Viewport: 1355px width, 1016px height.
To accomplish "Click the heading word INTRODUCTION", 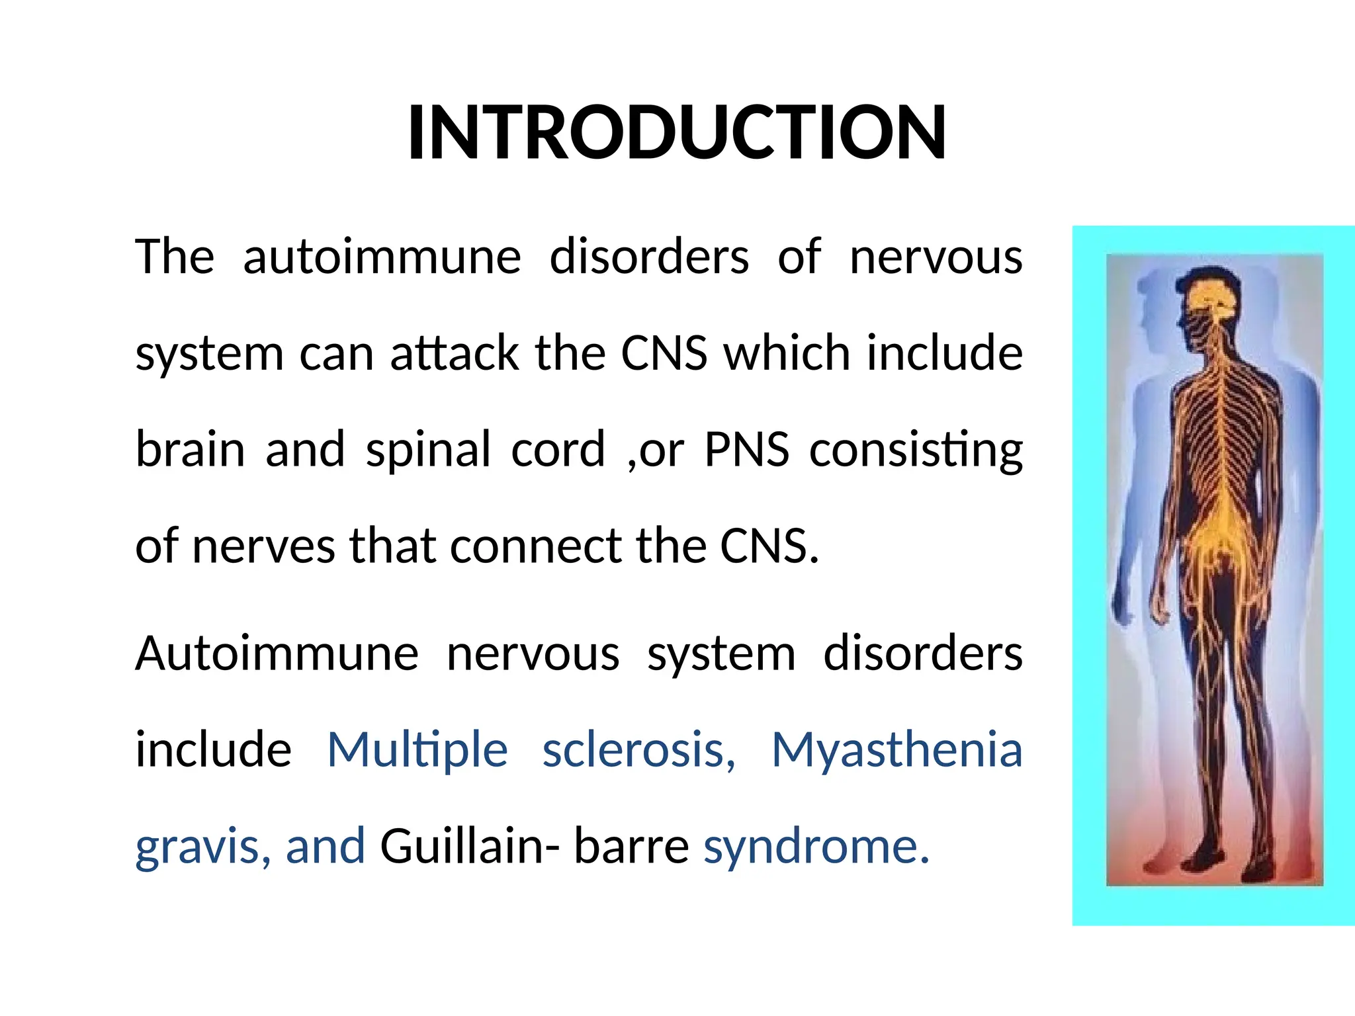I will click(x=677, y=133).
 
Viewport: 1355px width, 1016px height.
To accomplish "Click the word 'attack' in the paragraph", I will click(x=454, y=353).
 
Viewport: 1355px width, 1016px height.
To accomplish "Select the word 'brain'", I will click(x=190, y=450).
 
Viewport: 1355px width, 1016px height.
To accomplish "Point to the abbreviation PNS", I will click(x=746, y=450).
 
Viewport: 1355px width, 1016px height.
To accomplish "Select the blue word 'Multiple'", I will click(x=417, y=751).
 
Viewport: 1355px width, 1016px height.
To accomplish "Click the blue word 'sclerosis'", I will click(x=638, y=751).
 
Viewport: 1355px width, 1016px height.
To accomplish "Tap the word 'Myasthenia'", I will click(x=897, y=750).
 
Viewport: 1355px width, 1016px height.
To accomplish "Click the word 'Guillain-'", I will click(x=470, y=847).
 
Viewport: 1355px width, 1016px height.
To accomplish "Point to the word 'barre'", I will click(x=631, y=847).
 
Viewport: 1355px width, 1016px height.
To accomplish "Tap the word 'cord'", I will click(x=558, y=450).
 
